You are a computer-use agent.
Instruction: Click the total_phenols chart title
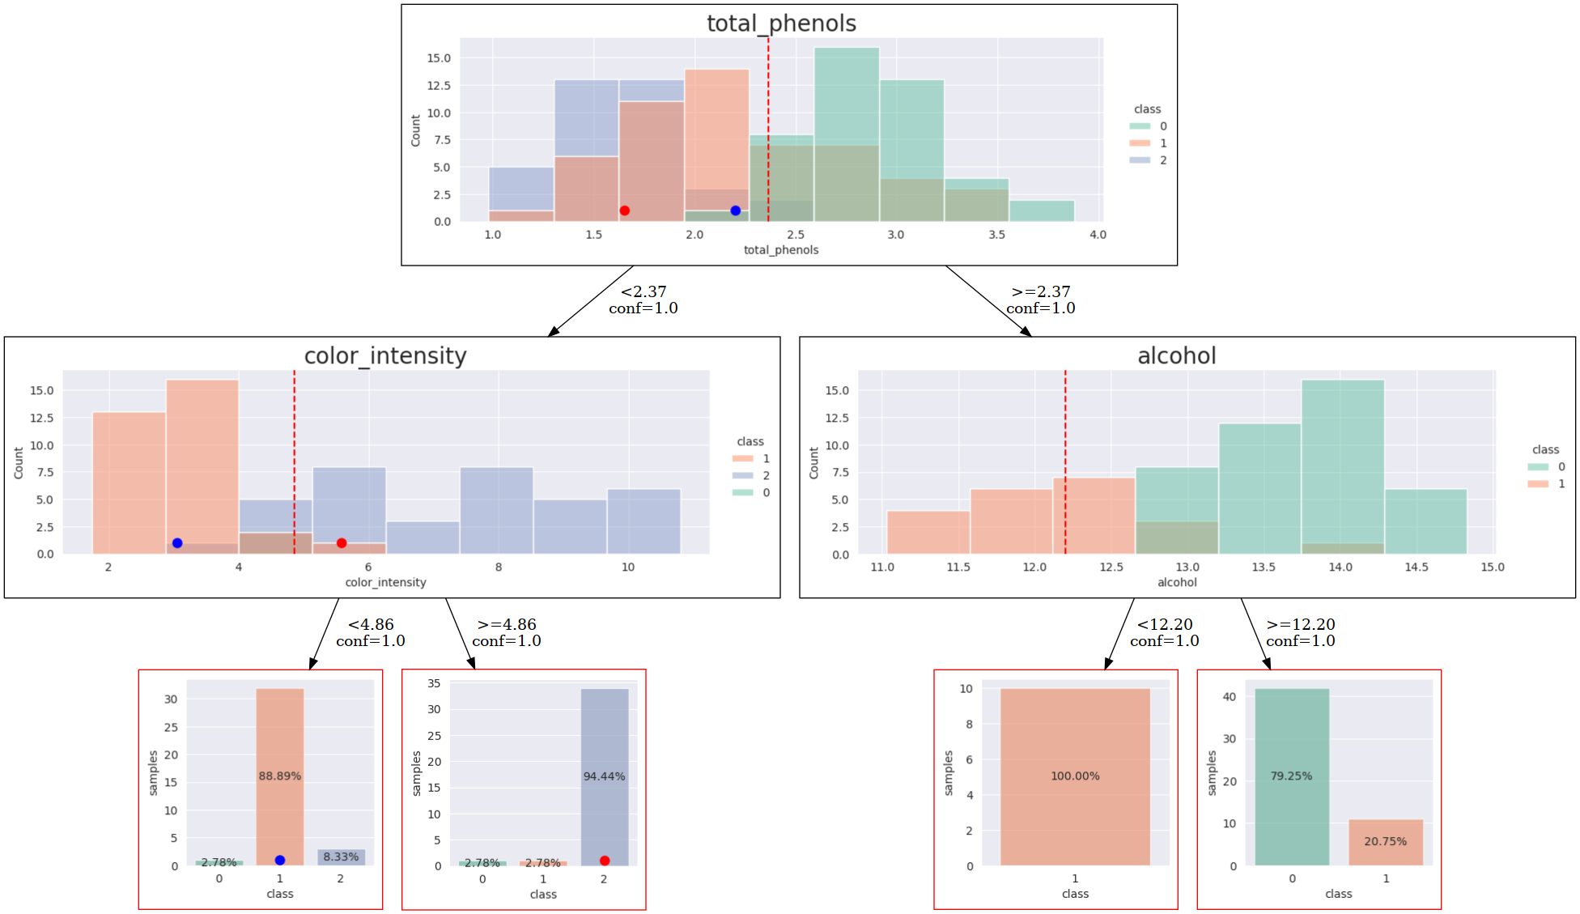(x=781, y=23)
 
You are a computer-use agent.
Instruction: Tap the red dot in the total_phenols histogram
(x=624, y=210)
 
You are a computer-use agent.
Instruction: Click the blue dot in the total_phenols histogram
(x=735, y=210)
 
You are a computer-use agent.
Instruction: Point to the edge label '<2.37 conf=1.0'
(x=643, y=300)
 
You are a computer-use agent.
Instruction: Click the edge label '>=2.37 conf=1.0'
(x=1041, y=300)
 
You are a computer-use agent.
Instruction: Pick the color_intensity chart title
(x=385, y=356)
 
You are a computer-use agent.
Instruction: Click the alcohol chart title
(x=1176, y=356)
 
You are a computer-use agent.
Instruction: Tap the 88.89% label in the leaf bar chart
(x=280, y=776)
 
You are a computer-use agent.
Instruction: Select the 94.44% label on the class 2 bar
(x=604, y=776)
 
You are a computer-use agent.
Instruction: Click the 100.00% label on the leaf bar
(x=1075, y=776)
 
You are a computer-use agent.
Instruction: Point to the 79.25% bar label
(x=1291, y=776)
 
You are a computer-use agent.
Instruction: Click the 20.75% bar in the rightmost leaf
(x=1385, y=842)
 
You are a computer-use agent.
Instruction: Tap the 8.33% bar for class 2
(x=341, y=857)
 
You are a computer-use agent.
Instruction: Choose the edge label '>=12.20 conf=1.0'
(x=1301, y=632)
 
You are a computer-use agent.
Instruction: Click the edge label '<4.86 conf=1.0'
(x=371, y=632)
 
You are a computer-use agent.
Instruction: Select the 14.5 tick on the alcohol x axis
(x=1416, y=567)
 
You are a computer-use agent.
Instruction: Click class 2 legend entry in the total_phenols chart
(x=1149, y=160)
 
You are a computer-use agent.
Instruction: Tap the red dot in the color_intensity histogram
(x=342, y=543)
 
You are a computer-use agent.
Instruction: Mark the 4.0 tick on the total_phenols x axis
(x=1098, y=235)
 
